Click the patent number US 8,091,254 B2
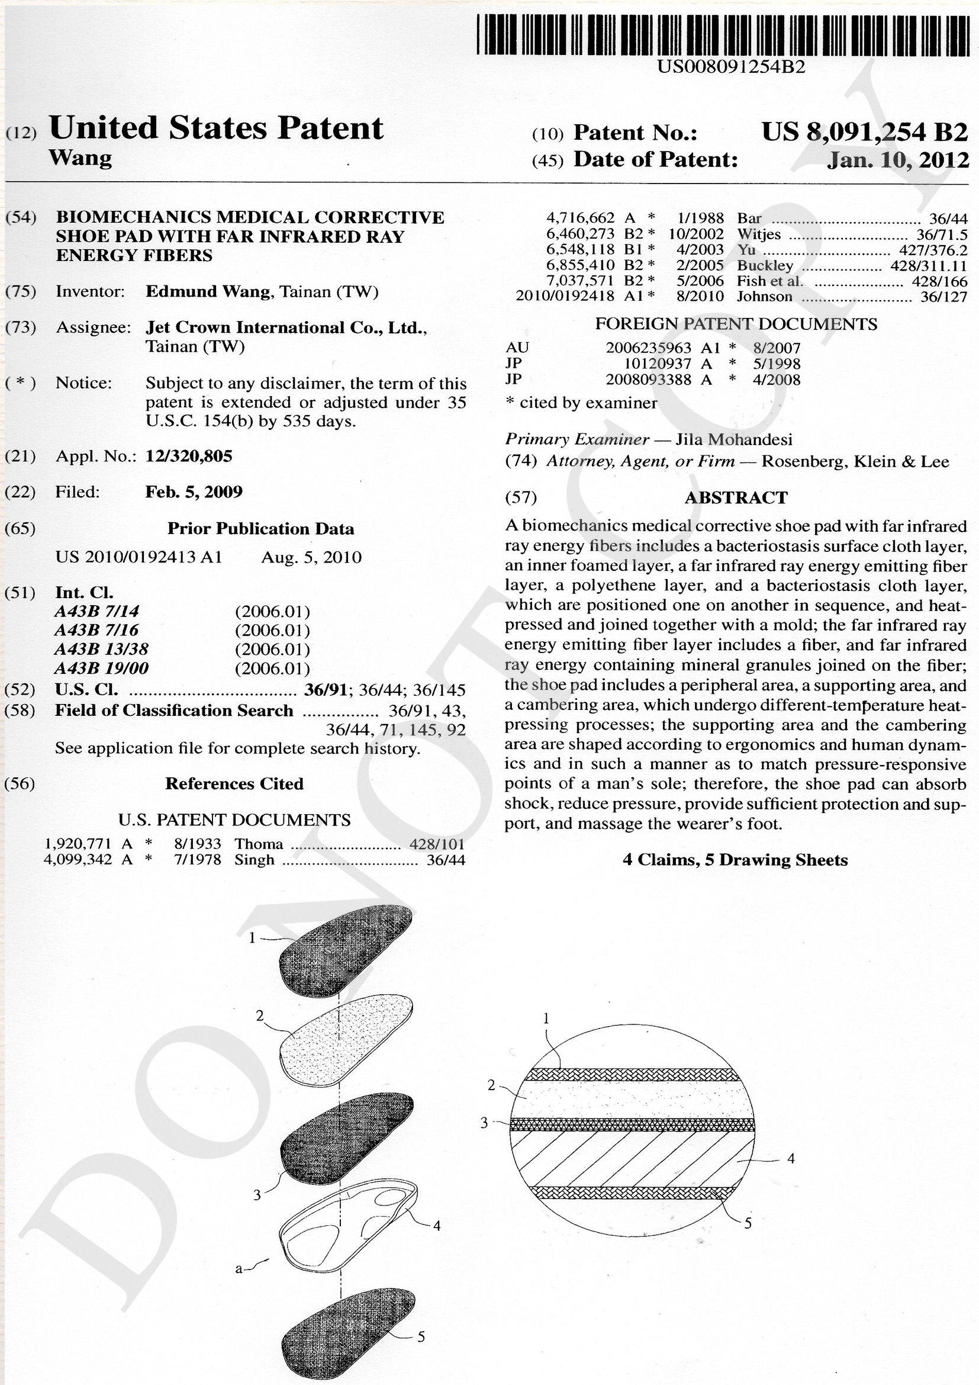[x=864, y=131]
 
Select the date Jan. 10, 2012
[x=898, y=160]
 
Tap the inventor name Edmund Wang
[x=208, y=292]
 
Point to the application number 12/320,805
[x=189, y=456]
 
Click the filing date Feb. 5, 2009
[x=194, y=491]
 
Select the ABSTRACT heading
[x=736, y=497]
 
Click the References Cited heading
[x=234, y=783]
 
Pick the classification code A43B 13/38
[x=101, y=649]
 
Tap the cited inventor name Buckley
[x=765, y=265]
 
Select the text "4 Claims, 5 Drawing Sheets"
[x=735, y=860]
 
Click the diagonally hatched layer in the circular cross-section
[x=633, y=1159]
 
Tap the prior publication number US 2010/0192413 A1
[x=139, y=557]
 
